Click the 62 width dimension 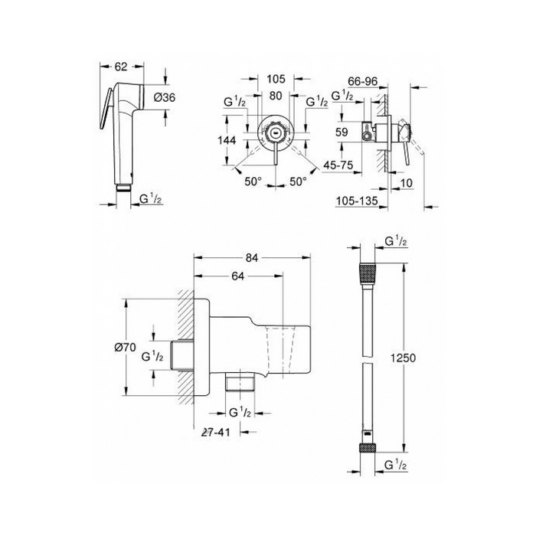(121, 67)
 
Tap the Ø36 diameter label (164, 98)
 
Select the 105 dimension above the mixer (276, 79)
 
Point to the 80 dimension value (276, 96)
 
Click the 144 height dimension (227, 140)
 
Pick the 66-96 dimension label (363, 81)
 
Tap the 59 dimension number (342, 132)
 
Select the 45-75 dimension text (338, 165)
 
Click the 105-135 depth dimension (358, 201)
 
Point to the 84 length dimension (251, 259)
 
